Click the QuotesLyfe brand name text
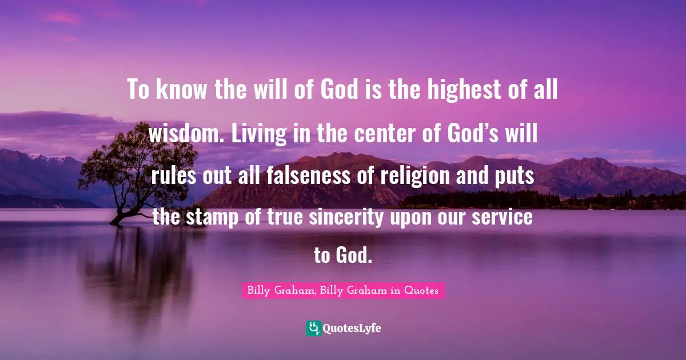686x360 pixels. pos(352,329)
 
